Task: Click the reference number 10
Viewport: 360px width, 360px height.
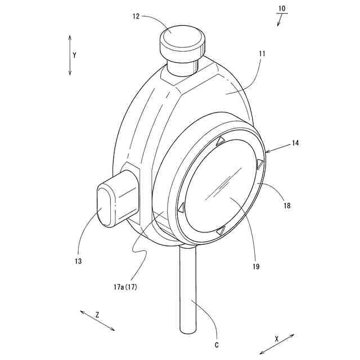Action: point(282,10)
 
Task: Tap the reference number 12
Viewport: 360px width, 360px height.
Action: point(136,16)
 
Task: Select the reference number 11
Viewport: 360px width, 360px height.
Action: point(262,55)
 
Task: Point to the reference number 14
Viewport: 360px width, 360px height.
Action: point(295,143)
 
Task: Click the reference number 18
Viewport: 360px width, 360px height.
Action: point(287,206)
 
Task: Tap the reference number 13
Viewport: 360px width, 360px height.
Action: point(78,262)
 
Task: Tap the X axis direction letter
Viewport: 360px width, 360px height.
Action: point(277,339)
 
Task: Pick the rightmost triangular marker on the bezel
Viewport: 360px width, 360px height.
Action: point(260,164)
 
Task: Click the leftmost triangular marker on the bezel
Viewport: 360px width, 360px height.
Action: point(181,208)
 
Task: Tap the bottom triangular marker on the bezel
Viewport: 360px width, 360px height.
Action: point(221,230)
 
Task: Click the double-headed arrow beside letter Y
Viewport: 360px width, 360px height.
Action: point(70,55)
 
